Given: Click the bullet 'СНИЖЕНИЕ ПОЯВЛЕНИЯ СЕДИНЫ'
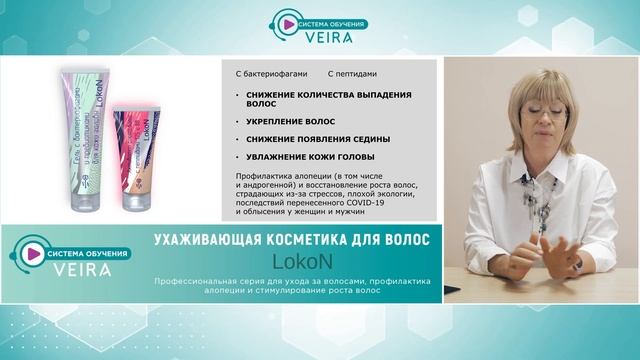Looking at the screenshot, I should pyautogui.click(x=312, y=138).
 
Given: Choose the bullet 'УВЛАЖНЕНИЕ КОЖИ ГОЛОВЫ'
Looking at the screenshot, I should pyautogui.click(x=307, y=157).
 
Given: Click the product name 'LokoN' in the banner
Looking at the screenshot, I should pyautogui.click(x=292, y=261).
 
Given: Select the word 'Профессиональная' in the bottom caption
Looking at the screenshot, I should pyautogui.click(x=186, y=281).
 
